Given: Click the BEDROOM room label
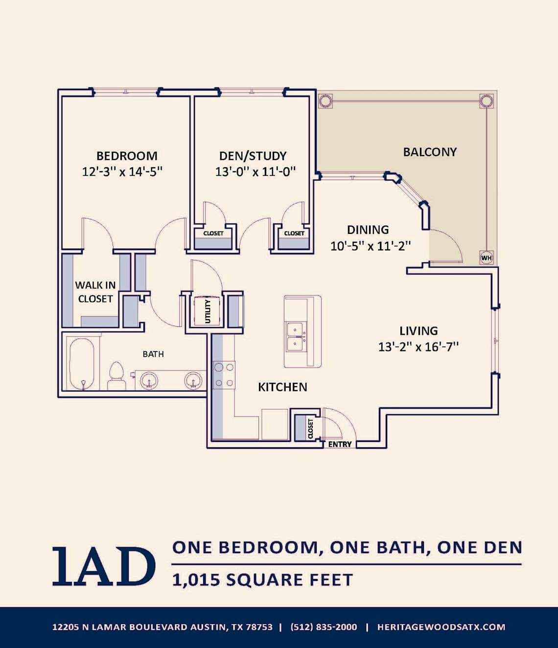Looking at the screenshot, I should (127, 156).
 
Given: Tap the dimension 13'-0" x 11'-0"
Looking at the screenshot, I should (255, 172).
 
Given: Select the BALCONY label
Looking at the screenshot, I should (429, 152).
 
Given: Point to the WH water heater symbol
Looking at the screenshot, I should (486, 257).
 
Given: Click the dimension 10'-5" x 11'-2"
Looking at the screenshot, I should (370, 246).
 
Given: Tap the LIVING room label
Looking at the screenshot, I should (418, 331).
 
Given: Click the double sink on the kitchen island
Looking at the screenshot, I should (296, 337).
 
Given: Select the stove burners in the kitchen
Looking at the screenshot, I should (224, 375).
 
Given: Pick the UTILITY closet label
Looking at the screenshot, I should (208, 311).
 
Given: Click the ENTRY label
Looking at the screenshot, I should (340, 444).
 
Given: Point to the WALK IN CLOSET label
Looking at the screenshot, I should (95, 292).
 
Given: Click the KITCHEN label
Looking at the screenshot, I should (282, 387).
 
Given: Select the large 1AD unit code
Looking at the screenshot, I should (104, 566).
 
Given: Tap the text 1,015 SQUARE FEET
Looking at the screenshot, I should (262, 580).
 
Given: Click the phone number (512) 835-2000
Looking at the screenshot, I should (324, 627).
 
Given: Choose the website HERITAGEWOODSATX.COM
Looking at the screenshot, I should (441, 627).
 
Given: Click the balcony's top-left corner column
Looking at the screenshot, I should (325, 101).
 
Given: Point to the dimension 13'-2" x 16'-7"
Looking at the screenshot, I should (418, 347).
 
